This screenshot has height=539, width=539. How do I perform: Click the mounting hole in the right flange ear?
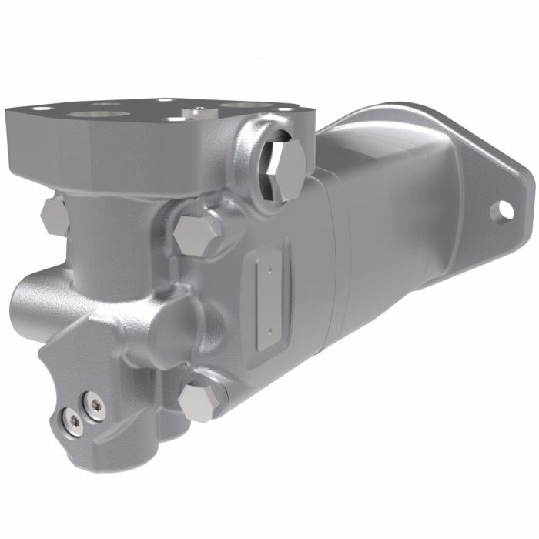[x=505, y=209]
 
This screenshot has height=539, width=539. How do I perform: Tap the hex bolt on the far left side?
[x=54, y=215]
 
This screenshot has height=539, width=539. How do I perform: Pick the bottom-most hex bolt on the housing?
[x=199, y=402]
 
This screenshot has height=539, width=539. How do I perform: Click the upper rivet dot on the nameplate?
[x=269, y=269]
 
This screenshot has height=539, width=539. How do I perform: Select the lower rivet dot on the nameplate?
[x=270, y=332]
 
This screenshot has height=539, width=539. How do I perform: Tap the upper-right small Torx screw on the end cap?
[x=95, y=404]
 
